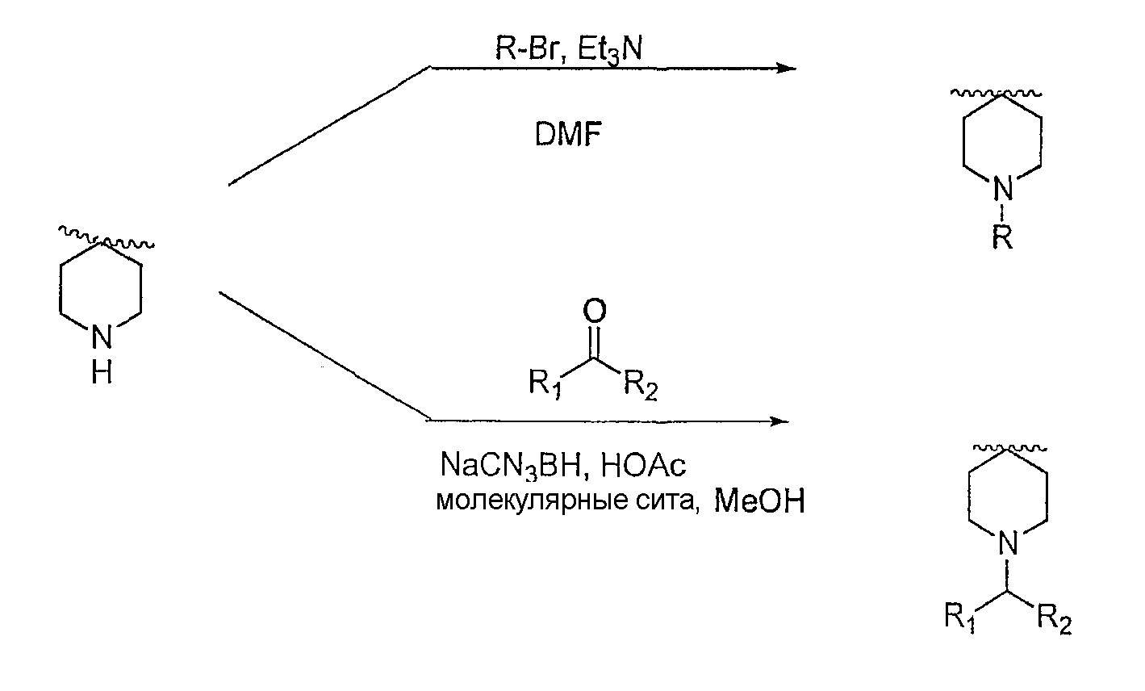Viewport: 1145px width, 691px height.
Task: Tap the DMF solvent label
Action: pyautogui.click(x=568, y=135)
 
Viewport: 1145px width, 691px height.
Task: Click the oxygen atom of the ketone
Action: pyautogui.click(x=595, y=311)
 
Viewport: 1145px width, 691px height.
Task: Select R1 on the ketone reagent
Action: pyautogui.click(x=545, y=383)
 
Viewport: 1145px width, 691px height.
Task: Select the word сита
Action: pyautogui.click(x=667, y=500)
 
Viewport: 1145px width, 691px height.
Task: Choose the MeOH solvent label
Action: pyautogui.click(x=759, y=500)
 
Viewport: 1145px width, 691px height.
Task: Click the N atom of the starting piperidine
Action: pyautogui.click(x=102, y=337)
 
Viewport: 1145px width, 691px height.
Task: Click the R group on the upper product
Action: pyautogui.click(x=1002, y=237)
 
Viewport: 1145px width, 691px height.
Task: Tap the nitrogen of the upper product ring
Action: pyautogui.click(x=1002, y=188)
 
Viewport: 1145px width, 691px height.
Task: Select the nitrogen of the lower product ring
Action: pyautogui.click(x=1008, y=542)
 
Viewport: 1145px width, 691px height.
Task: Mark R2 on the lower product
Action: pyautogui.click(x=1054, y=619)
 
